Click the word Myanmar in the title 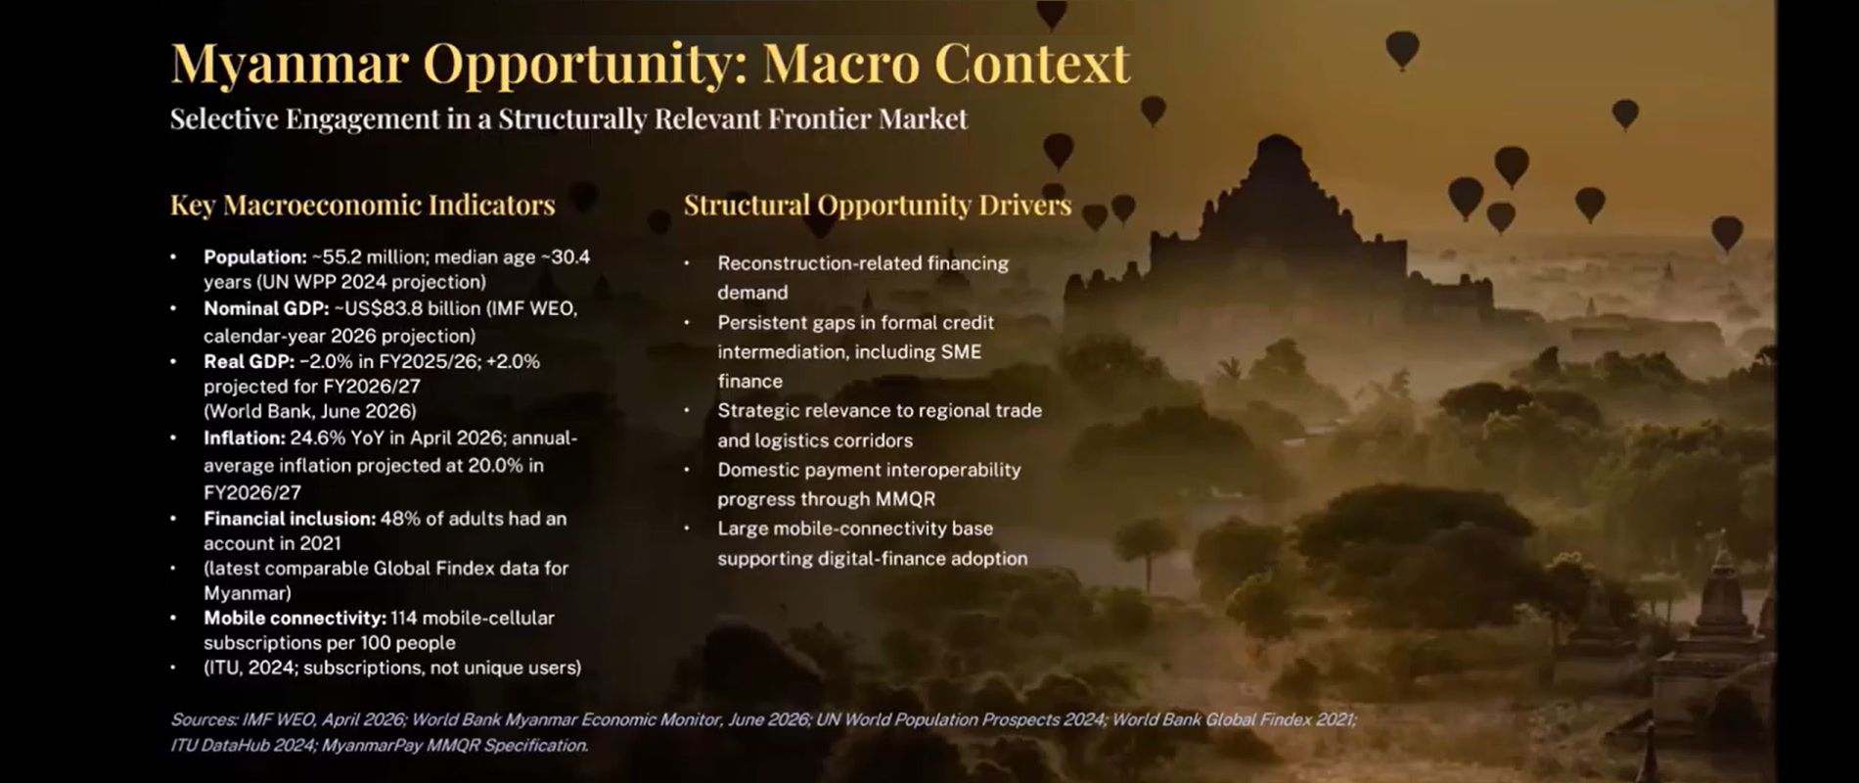[x=290, y=65]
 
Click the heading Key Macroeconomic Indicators [x=363, y=205]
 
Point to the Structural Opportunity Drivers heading [x=878, y=206]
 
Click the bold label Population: [x=255, y=257]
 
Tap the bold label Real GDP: [x=249, y=361]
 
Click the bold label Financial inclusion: [x=290, y=519]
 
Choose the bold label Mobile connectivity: [x=295, y=619]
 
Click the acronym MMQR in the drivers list [x=905, y=499]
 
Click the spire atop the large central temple [x=1277, y=147]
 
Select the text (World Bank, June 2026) [x=310, y=411]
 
